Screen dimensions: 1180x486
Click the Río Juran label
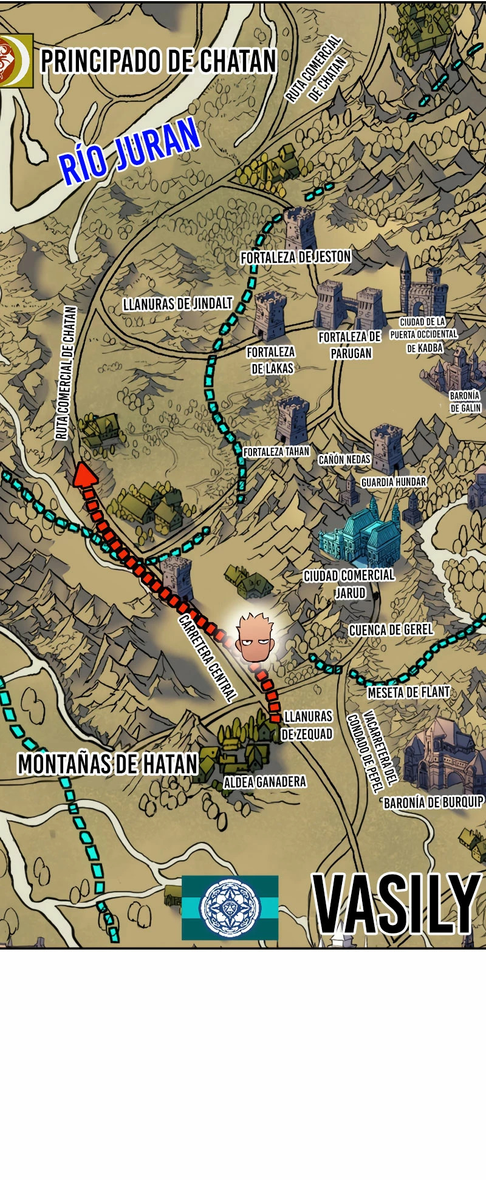coord(129,152)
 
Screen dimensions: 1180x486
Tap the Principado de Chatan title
coord(158,61)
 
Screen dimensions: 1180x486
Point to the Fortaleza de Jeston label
coord(296,257)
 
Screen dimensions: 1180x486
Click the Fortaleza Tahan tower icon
coord(292,420)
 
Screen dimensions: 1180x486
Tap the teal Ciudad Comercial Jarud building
coord(358,534)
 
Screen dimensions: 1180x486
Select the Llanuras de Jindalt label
coord(177,303)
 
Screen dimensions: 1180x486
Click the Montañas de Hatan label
coord(108,764)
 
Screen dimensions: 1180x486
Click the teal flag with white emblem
coord(230,907)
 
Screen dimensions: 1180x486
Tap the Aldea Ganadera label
coord(265,782)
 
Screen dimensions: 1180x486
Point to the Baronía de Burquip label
coord(433,802)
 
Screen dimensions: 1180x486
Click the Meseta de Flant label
coord(408,692)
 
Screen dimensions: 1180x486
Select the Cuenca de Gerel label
coord(391,629)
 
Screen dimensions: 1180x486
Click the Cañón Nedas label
coord(344,459)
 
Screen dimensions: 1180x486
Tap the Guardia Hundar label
coord(394,482)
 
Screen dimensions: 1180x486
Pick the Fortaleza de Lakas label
coord(271,360)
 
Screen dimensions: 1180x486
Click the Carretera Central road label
coord(207,658)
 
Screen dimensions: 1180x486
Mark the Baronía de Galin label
coord(465,402)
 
